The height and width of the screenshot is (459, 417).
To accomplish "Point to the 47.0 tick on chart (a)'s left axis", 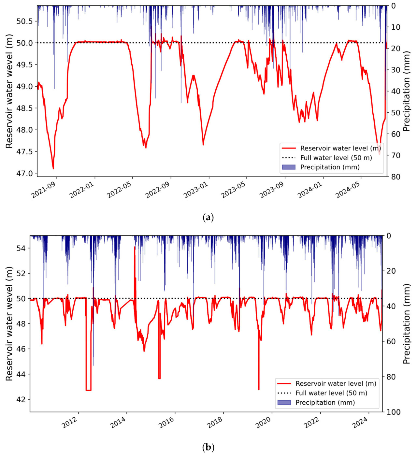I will (x=25, y=173).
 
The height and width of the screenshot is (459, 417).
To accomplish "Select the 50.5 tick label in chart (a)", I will (x=25, y=21).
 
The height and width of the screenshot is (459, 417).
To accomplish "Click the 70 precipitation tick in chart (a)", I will (x=395, y=155).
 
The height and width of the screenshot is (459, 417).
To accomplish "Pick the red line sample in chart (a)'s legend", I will (x=289, y=148).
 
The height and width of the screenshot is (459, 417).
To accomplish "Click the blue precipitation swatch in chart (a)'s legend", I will (x=289, y=167).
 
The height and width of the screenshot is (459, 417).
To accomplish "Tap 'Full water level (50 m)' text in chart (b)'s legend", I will (x=331, y=393).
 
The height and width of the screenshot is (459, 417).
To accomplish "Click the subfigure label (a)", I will (x=208, y=217).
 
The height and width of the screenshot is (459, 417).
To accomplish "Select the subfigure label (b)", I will (x=208, y=447).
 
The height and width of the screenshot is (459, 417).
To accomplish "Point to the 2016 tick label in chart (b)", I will (x=166, y=423).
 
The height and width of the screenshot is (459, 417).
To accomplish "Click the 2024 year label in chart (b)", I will (x=360, y=423).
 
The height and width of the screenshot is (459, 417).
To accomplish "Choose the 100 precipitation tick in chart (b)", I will (x=393, y=412).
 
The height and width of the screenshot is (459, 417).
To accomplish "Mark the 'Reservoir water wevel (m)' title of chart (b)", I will (x=9, y=323).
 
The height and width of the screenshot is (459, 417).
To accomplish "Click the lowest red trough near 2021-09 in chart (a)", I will (x=53, y=168).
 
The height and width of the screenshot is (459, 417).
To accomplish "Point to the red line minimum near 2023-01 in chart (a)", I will (x=203, y=145).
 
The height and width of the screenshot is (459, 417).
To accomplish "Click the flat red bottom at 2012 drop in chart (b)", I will (x=88, y=390).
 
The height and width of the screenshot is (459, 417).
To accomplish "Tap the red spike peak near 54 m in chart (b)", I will (x=135, y=247).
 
